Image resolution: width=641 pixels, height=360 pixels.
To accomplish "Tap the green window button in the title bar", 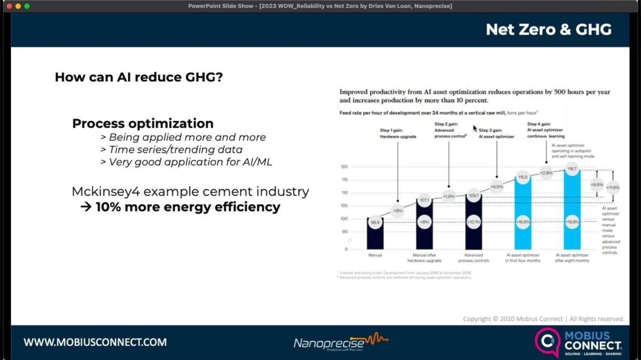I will (27, 6).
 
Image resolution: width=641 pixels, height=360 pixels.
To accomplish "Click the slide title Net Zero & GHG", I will (548, 30).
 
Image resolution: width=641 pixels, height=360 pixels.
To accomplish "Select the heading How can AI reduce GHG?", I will (139, 77).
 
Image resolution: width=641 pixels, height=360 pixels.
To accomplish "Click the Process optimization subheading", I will (143, 123).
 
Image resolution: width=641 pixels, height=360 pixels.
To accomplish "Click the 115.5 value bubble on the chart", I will (523, 177).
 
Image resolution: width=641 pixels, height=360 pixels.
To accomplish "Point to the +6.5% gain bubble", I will (497, 187).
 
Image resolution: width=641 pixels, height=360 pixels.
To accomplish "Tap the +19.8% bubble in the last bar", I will (572, 222).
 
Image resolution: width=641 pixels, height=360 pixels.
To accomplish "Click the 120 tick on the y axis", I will (345, 167).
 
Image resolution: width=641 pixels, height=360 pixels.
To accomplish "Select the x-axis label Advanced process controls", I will (473, 258).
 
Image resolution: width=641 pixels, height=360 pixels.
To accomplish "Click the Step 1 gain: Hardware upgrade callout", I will (397, 134).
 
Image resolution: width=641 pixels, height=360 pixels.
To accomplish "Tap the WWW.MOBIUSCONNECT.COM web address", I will (95, 342).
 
